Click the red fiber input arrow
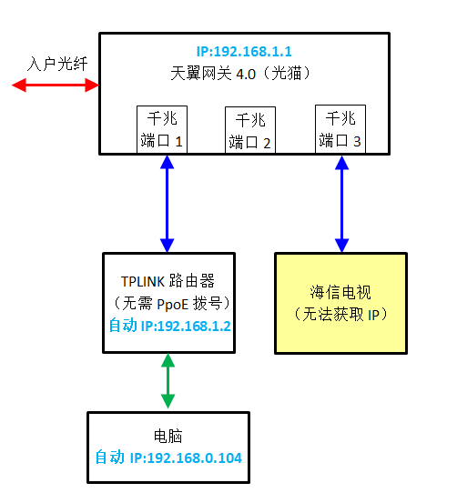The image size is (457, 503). tap(56, 85)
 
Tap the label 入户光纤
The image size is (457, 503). tap(57, 64)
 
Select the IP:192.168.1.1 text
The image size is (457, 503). tap(244, 51)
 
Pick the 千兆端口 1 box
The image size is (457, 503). tap(162, 129)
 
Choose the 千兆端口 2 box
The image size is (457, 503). tap(250, 130)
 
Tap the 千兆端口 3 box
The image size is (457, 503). tap(340, 129)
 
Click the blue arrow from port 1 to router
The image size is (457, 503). tap(167, 204)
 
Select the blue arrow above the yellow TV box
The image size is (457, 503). tap(341, 204)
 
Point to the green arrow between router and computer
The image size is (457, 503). tap(168, 381)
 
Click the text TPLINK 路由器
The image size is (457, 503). tap(168, 281)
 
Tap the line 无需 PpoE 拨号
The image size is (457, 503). tap(171, 303)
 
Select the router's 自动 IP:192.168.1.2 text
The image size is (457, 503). tap(170, 326)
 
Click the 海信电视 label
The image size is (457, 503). tap(340, 292)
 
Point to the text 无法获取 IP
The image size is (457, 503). tap(340, 314)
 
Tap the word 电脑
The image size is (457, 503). tap(168, 436)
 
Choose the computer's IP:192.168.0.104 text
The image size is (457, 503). tap(186, 458)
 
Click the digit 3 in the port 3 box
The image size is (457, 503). tap(357, 142)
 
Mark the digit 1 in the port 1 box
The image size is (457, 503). tap(178, 142)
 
